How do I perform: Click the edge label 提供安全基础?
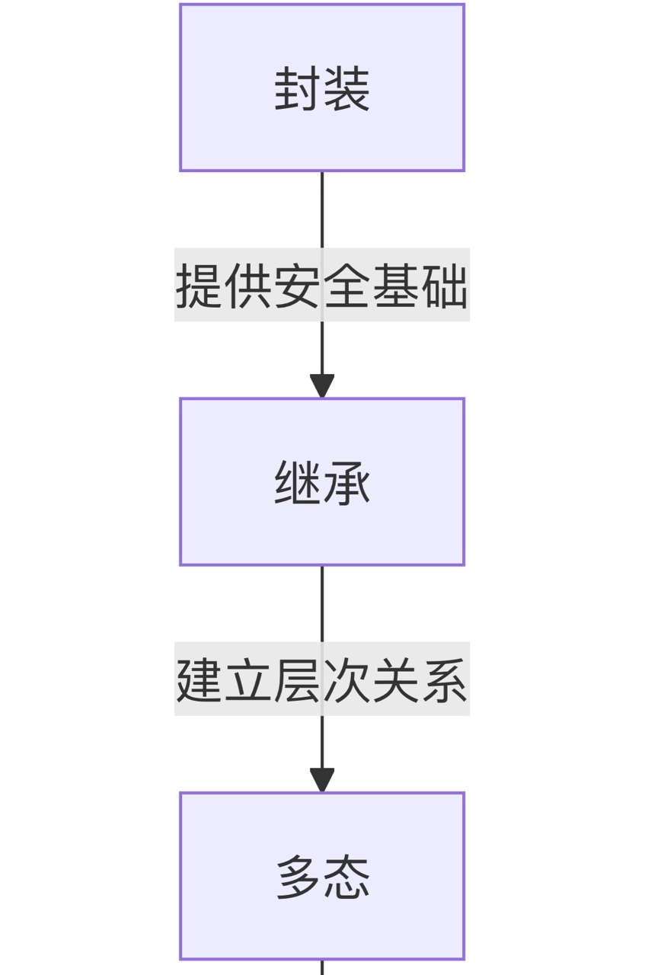[x=322, y=285]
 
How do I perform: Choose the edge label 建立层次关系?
[x=322, y=679]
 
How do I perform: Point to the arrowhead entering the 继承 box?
[x=322, y=386]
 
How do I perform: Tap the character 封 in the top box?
[x=299, y=90]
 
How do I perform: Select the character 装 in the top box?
[x=346, y=90]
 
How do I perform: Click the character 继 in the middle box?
[x=299, y=484]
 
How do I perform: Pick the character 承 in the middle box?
[x=346, y=484]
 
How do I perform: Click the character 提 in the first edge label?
[x=200, y=286]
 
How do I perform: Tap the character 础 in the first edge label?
[x=444, y=286]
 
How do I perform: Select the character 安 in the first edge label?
[x=298, y=286]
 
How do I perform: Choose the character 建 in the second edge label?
[x=200, y=679]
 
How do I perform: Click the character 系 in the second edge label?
[x=444, y=679]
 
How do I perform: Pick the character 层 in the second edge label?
[x=298, y=679]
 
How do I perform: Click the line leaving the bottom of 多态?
[x=322, y=967]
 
